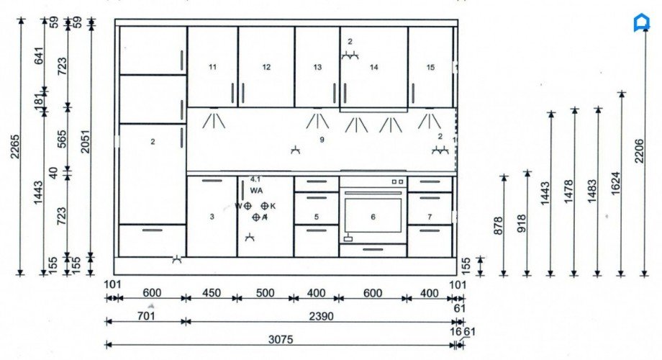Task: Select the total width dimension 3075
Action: (281, 338)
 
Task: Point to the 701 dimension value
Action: (146, 315)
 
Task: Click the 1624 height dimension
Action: (615, 184)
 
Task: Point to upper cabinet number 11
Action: (212, 67)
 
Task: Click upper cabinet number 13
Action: (317, 67)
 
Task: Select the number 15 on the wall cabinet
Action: (430, 67)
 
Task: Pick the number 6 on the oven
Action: (373, 217)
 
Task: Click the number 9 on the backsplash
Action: (322, 139)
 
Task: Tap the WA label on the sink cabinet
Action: (256, 189)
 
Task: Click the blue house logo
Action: (640, 23)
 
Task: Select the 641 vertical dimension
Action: (39, 56)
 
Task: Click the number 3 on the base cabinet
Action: (212, 217)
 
